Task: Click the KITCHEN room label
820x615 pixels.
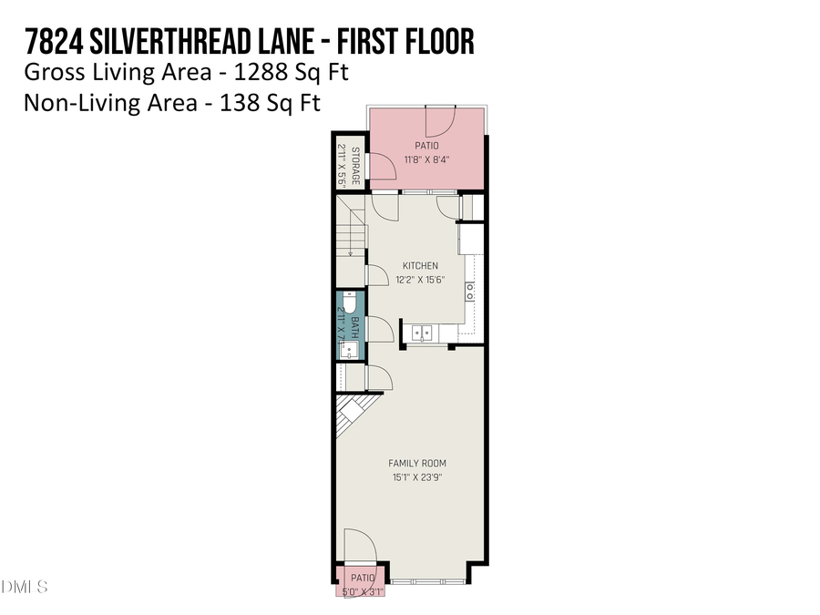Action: tap(421, 266)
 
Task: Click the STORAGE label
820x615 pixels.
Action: tap(355, 166)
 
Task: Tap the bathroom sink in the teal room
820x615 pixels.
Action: tap(350, 348)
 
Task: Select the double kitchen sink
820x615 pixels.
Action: tap(422, 331)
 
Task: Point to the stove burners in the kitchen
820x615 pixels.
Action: tap(470, 292)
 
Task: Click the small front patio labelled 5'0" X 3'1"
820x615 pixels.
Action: tap(363, 581)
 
